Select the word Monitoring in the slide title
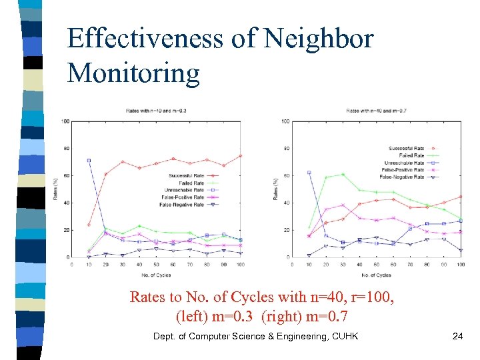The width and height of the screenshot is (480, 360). [x=133, y=73]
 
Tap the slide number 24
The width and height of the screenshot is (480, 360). [x=457, y=336]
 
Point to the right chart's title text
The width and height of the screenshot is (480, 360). [x=377, y=110]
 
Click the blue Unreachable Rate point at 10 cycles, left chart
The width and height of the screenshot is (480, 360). [x=89, y=160]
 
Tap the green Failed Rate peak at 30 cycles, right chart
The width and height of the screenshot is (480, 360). [x=342, y=174]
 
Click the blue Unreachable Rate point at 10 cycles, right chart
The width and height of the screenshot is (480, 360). [x=309, y=172]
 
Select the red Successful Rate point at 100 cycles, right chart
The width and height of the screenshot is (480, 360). [x=461, y=197]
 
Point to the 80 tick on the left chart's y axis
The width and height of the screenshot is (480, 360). [x=65, y=148]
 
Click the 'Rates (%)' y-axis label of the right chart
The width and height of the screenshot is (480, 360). [x=275, y=190]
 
